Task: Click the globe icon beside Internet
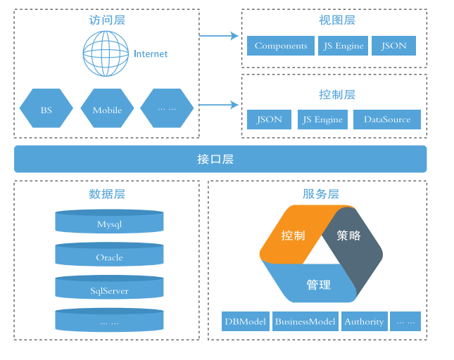point(106,53)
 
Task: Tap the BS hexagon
point(46,110)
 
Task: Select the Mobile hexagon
point(107,110)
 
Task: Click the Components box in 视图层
point(281,46)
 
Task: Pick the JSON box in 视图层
point(393,46)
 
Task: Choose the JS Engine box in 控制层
point(323,120)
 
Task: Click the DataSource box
point(387,120)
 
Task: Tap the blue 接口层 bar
point(220,159)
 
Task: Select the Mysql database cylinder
point(109,224)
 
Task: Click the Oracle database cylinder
point(109,257)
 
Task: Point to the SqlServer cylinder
point(109,290)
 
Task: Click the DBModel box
point(246,321)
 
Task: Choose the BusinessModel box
point(305,321)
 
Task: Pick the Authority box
point(364,321)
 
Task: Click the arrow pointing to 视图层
point(219,35)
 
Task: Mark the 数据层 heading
point(107,194)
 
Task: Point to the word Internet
point(151,53)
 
